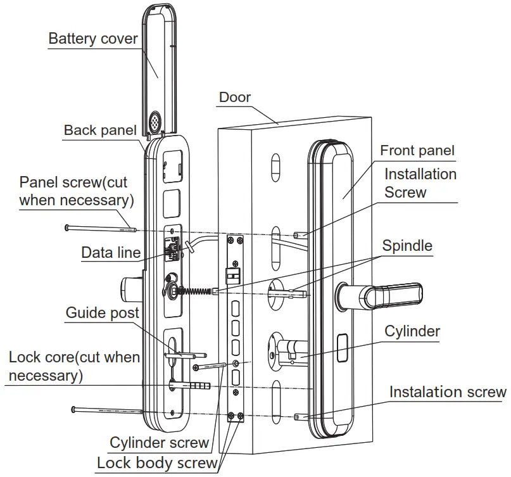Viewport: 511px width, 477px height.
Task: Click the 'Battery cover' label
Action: pyautogui.click(x=93, y=39)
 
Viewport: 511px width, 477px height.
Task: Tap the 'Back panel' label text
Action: pyautogui.click(x=100, y=130)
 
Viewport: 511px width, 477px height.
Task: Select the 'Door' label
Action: pyautogui.click(x=235, y=98)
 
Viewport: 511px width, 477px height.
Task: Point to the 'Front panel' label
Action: pyautogui.click(x=417, y=151)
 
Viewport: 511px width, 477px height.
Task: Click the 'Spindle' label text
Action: pyautogui.click(x=407, y=245)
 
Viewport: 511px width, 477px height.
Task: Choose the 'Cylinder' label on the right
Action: pyautogui.click(x=412, y=331)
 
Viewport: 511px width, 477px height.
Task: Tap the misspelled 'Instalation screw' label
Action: pyautogui.click(x=448, y=392)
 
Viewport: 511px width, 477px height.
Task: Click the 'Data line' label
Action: pyautogui.click(x=111, y=253)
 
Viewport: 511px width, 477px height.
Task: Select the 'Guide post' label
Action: pyautogui.click(x=103, y=313)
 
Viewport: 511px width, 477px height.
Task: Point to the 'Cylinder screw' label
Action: pyautogui.click(x=159, y=443)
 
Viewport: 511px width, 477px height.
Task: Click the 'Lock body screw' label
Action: pyautogui.click(x=156, y=463)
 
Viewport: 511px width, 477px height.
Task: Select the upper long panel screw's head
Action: pyautogui.click(x=67, y=226)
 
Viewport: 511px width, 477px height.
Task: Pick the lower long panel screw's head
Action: pyautogui.click(x=75, y=409)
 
